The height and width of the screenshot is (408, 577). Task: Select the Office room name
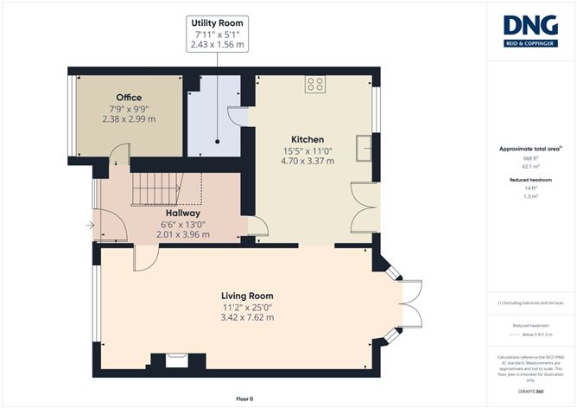(x=129, y=98)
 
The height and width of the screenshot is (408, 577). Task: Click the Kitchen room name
(x=308, y=139)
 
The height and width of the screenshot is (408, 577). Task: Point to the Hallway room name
(x=183, y=213)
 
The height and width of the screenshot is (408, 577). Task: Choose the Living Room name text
(x=247, y=296)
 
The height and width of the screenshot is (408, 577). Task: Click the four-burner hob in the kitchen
(x=315, y=85)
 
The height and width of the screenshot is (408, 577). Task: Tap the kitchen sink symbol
(x=365, y=145)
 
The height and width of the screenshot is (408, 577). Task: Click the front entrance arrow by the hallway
(x=91, y=227)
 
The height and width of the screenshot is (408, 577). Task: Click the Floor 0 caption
(x=245, y=398)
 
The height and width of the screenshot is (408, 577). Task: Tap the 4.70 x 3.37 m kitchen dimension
(x=308, y=160)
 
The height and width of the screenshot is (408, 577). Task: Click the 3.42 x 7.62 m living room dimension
(x=247, y=317)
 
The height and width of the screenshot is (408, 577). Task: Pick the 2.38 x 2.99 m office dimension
(x=129, y=118)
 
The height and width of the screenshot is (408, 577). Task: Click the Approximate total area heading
(x=529, y=149)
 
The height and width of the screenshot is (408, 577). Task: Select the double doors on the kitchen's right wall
(x=365, y=207)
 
